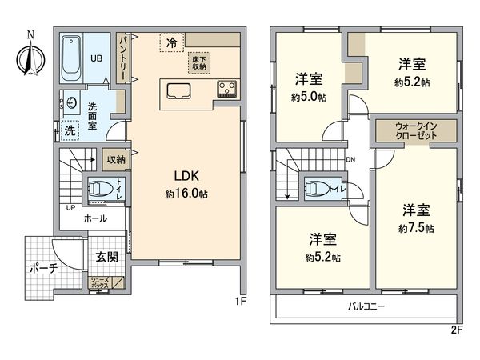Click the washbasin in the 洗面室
72,102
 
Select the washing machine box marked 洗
70,130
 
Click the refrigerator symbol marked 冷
171,42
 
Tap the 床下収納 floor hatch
199,62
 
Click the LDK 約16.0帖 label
185,185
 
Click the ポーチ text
42,269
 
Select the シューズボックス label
100,282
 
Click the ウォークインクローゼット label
415,131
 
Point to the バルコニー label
367,306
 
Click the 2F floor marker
456,327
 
